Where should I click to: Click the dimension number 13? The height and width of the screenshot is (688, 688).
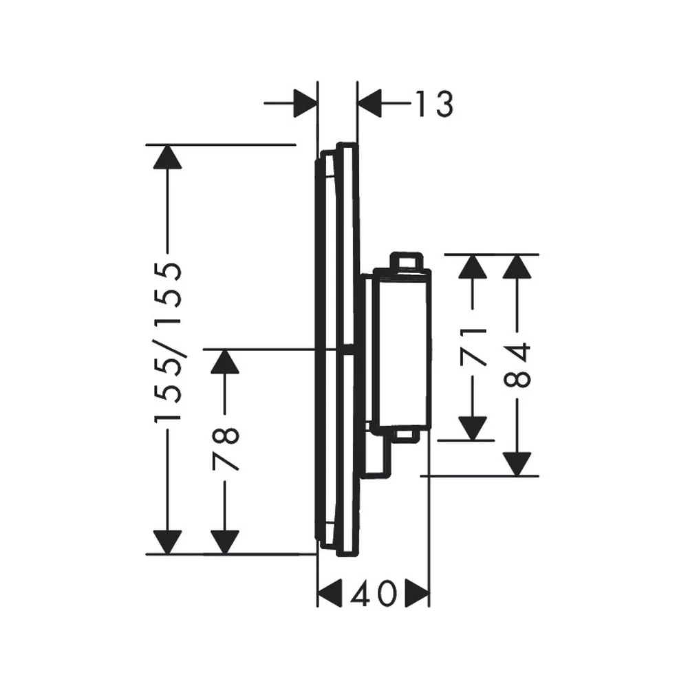434,104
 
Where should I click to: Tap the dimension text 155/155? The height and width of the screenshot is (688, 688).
168,342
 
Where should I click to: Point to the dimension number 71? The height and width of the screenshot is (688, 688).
473,347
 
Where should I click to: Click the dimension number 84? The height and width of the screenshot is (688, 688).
517,365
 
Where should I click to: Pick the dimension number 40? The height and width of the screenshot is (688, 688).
374,594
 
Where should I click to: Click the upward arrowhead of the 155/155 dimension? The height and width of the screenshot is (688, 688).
167,157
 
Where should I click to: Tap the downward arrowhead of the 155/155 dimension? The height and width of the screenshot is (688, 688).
167,542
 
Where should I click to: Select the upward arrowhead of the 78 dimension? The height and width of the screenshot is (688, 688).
225,362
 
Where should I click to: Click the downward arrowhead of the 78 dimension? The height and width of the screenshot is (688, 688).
225,542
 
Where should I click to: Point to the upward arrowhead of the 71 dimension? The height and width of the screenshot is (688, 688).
473,266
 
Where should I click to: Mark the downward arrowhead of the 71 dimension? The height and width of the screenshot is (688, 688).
473,428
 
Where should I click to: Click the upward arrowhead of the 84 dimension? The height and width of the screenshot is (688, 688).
517,266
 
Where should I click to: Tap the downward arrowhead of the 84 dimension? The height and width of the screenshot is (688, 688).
517,464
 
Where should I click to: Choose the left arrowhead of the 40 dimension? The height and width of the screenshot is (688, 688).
330,594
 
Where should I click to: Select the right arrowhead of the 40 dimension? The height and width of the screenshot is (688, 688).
417,594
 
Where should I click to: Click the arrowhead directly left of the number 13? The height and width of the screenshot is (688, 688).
369,104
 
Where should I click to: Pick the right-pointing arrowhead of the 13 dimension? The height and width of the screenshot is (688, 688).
305,104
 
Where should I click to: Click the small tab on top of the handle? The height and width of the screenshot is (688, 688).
407,260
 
